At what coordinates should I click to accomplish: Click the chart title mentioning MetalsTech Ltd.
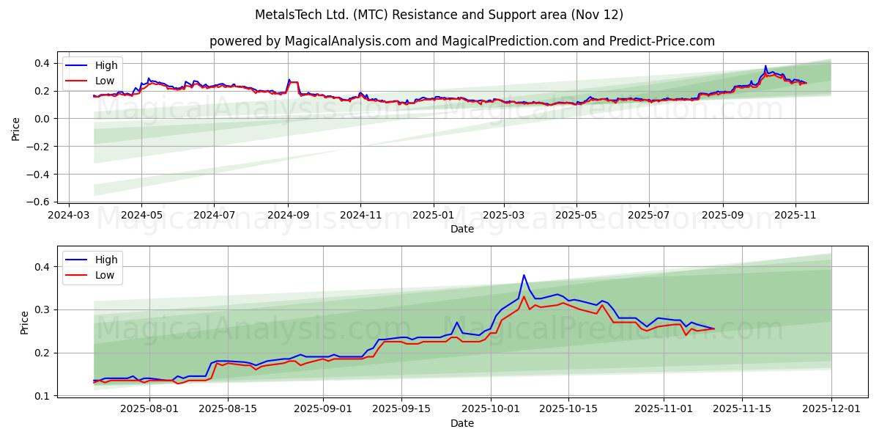(439, 15)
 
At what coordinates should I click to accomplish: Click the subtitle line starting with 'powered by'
(461, 41)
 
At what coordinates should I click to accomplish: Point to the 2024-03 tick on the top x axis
(69, 216)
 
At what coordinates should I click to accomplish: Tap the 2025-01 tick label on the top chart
(433, 216)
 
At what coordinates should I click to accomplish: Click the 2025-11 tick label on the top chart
(795, 216)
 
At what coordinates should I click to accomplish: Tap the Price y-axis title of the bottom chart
(24, 323)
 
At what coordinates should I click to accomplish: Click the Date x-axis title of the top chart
(461, 229)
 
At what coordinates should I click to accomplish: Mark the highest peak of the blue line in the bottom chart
(524, 275)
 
